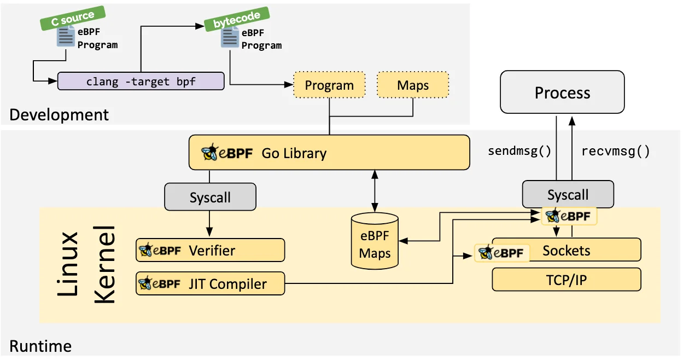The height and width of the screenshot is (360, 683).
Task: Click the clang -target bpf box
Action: point(141,82)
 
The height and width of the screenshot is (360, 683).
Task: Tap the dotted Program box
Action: point(329,85)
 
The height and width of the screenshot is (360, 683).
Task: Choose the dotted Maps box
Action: point(413,85)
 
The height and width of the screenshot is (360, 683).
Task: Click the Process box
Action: point(562,92)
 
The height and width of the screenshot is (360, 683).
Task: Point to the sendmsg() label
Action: point(519,151)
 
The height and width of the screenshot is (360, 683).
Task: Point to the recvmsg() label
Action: point(615,151)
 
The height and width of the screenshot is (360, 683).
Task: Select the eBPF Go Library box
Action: point(329,152)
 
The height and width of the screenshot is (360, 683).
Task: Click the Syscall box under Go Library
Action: point(210,197)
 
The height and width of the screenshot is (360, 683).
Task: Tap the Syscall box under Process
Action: point(568,195)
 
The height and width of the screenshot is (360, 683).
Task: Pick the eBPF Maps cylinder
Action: point(375,242)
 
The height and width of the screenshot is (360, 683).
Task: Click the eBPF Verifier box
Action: point(211,251)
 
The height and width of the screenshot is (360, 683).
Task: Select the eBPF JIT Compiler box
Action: point(211,283)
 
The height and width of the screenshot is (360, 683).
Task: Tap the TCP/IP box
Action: point(566,280)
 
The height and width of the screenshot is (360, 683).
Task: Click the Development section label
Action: point(59,115)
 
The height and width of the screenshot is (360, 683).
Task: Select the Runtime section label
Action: point(40,346)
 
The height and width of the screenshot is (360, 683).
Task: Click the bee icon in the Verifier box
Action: point(145,251)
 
